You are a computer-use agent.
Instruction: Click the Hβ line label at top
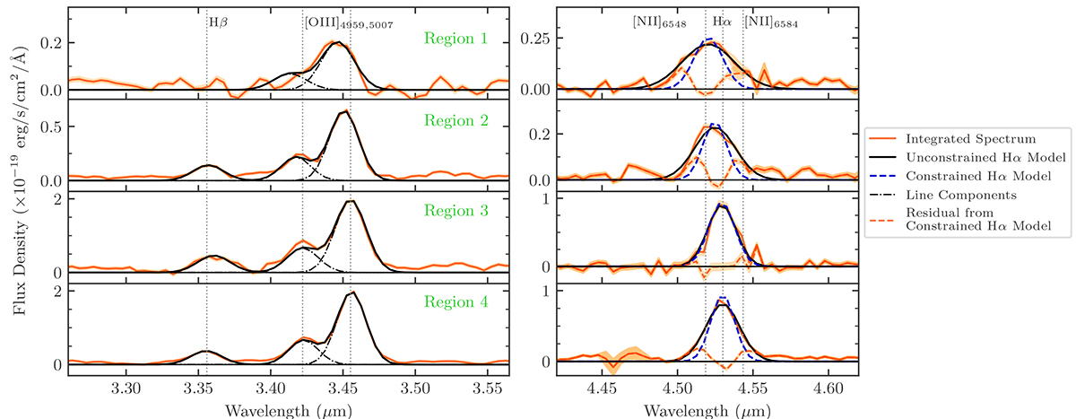219,22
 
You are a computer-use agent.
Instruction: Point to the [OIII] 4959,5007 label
337,23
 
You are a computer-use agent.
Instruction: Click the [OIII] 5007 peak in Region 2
345,111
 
